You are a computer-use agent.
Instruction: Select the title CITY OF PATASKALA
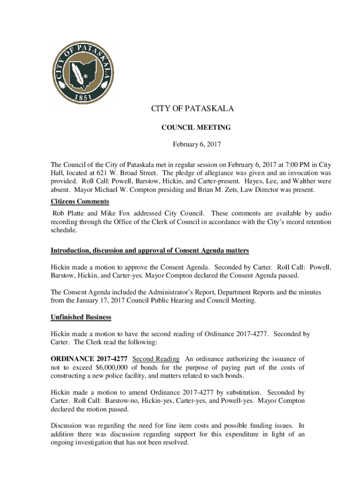click(192, 109)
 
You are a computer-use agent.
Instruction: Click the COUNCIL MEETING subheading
click(189, 127)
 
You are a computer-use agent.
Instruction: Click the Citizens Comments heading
click(80, 202)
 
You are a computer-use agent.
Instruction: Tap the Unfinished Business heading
click(81, 317)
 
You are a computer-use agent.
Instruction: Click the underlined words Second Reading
click(156, 359)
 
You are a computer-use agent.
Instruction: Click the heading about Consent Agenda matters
click(150, 251)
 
